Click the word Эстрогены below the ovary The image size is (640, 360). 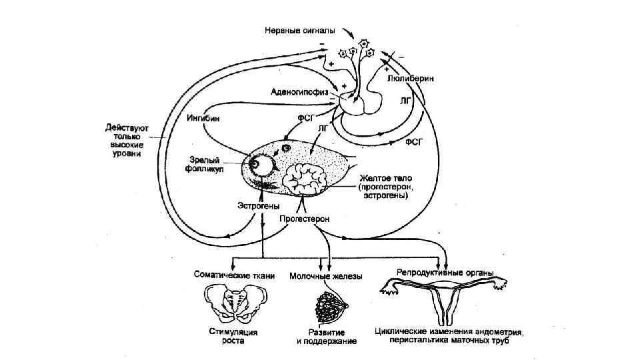[257, 206]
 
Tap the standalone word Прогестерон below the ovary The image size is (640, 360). [304, 219]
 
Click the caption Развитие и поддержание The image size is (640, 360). [327, 336]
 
